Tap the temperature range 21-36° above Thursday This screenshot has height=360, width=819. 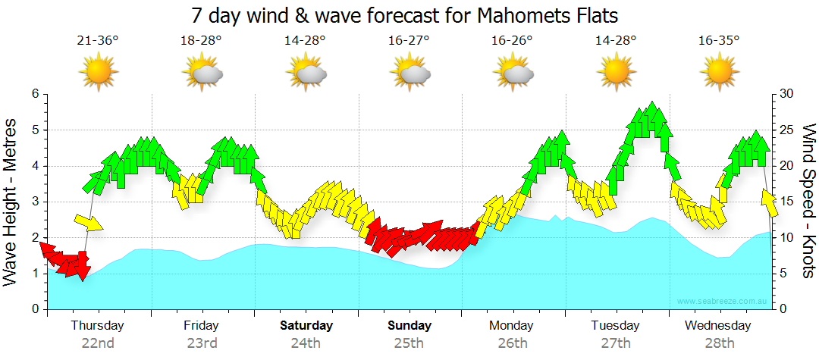98,40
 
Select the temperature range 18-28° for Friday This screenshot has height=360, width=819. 201,40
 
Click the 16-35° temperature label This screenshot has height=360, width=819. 718,40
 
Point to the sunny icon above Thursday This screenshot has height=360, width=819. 98,73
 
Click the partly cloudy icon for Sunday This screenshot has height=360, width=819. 410,73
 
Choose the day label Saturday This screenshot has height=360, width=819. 306,326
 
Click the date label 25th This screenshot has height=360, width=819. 409,343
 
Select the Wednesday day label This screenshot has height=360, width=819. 718,326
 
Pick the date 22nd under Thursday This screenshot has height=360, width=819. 98,343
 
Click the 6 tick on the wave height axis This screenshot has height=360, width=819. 34,94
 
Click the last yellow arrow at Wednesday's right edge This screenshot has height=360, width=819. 769,202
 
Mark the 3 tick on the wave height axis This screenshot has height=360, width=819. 34,202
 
